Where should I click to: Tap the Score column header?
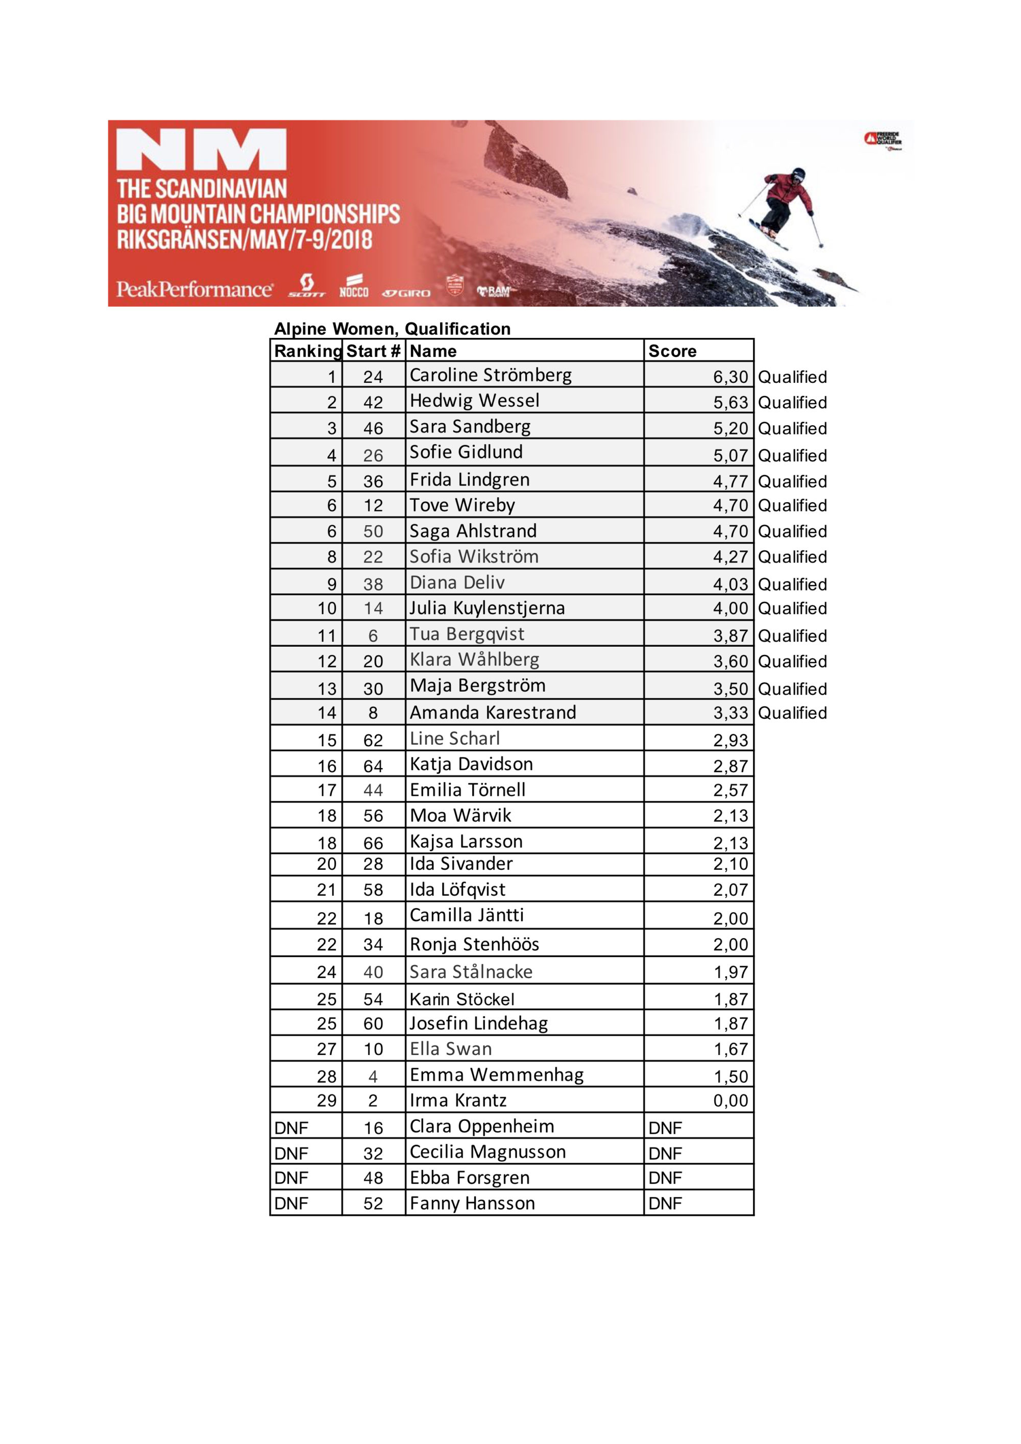[x=672, y=351]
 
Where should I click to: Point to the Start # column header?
[x=373, y=351]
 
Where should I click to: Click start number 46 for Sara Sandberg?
[x=373, y=428]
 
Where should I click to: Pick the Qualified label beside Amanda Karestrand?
[x=792, y=713]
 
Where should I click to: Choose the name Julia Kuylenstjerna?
[x=487, y=608]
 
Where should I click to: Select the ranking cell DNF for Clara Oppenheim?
[x=291, y=1128]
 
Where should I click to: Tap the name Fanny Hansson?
[x=472, y=1203]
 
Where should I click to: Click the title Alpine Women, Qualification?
[x=392, y=329]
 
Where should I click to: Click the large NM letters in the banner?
[x=201, y=150]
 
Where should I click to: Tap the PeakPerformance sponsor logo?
[x=195, y=289]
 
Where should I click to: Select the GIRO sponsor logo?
[x=406, y=292]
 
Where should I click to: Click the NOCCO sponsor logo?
[x=354, y=287]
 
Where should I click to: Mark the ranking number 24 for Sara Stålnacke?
[x=327, y=972]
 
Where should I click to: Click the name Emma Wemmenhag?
[x=496, y=1075]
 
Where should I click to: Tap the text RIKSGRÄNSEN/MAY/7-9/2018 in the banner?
[x=244, y=239]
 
